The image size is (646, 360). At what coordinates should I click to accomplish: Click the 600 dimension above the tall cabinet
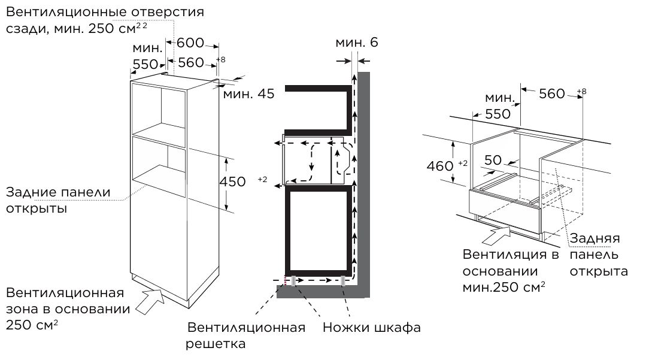[x=190, y=43]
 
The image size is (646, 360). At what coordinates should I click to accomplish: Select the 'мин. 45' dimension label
[x=248, y=93]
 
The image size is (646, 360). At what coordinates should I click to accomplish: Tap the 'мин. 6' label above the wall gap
[x=356, y=43]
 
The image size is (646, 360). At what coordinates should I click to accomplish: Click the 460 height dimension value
[x=440, y=166]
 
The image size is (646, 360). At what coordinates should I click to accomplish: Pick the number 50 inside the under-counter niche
[x=493, y=161]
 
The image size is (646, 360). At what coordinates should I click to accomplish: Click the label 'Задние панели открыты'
[x=58, y=201]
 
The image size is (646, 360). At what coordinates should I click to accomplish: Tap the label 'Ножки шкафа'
[x=371, y=328]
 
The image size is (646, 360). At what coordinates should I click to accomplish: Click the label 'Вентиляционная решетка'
[x=246, y=335]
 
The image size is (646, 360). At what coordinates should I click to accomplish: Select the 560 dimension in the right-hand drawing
[x=551, y=93]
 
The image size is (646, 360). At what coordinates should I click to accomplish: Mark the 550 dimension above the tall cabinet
[x=144, y=64]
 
